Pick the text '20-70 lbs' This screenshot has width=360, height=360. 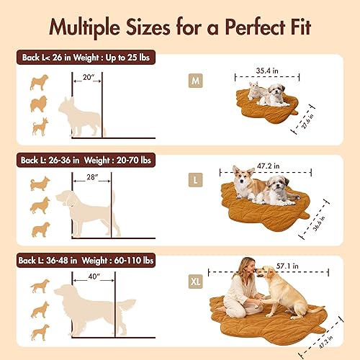[x=130, y=157]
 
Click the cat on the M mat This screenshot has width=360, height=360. [x=253, y=91]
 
